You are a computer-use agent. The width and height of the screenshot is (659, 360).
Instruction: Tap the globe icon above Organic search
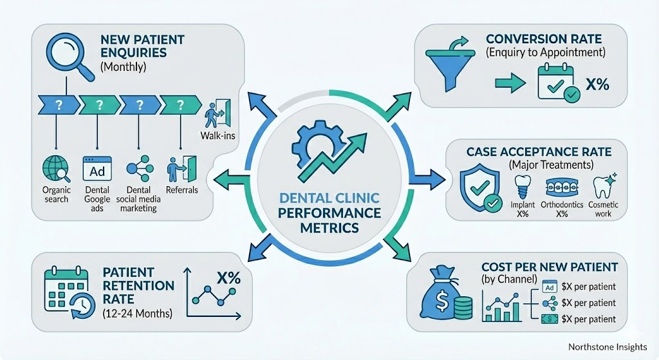(55, 169)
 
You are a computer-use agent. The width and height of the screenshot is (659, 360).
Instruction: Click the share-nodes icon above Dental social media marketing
(138, 169)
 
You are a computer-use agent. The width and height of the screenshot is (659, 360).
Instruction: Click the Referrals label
(181, 191)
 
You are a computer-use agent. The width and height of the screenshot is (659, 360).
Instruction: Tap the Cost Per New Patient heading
(550, 266)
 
